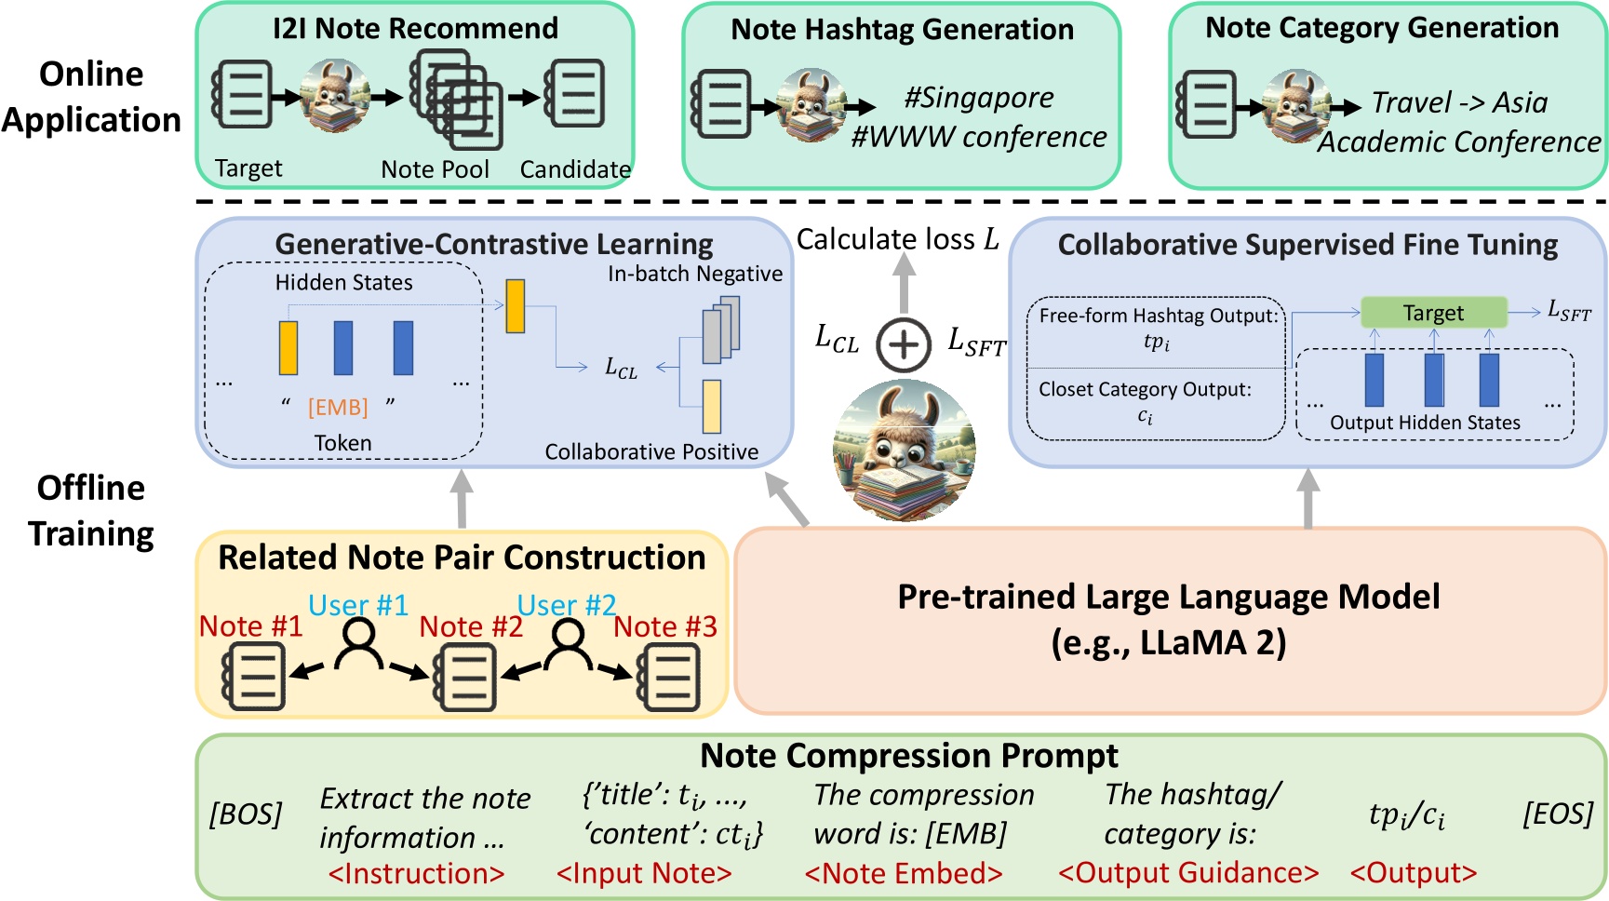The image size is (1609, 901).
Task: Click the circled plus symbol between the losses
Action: (903, 343)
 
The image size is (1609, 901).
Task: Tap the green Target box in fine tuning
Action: (1433, 313)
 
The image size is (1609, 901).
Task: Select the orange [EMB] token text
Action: (338, 408)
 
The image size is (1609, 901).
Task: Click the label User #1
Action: (358, 605)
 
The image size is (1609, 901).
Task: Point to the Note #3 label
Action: (664, 626)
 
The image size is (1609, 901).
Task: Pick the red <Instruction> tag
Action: (416, 874)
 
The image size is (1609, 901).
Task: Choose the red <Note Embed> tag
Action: (903, 874)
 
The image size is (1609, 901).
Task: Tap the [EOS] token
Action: (1557, 814)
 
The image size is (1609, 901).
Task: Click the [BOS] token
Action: (245, 814)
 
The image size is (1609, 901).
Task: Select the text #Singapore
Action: (979, 98)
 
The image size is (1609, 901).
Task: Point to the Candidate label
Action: (574, 169)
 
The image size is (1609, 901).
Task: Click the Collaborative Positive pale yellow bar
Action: (712, 407)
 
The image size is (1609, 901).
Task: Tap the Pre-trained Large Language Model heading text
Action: (1168, 597)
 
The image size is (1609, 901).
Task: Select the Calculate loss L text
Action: (897, 240)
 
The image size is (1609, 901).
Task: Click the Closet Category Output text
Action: (1145, 389)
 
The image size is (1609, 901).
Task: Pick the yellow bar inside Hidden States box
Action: (288, 348)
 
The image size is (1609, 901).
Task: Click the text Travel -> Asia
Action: (1459, 102)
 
